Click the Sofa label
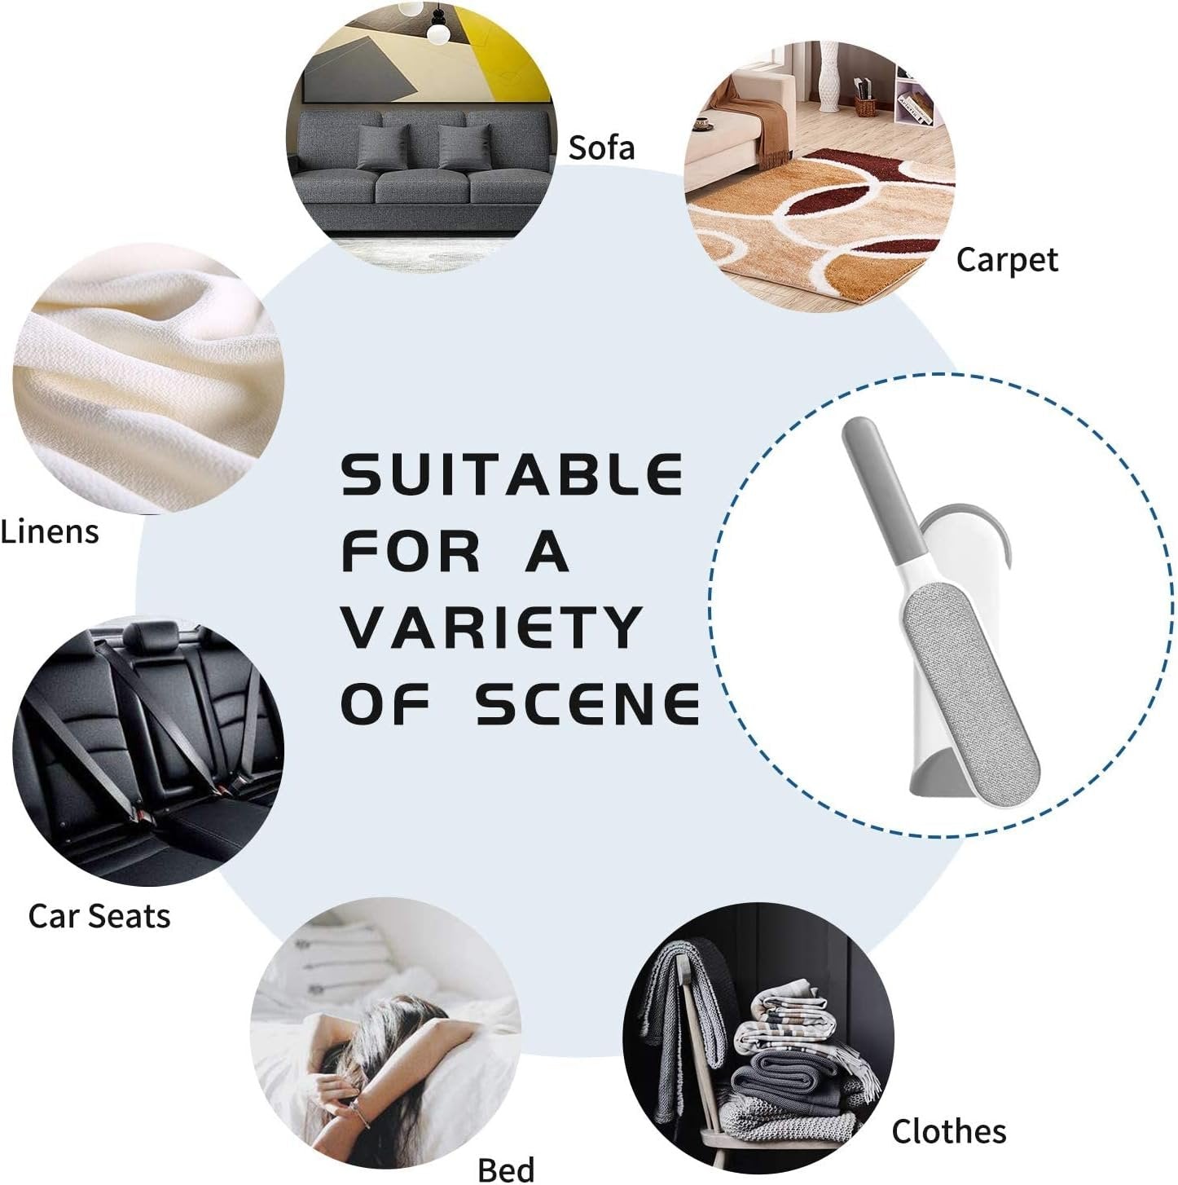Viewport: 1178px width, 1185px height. tap(601, 148)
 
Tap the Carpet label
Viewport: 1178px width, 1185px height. tap(1007, 260)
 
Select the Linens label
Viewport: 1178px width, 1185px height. tap(50, 532)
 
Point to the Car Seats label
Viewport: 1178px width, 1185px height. tap(99, 915)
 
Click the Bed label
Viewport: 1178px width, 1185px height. tap(506, 1168)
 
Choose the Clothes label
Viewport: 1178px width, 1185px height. tap(948, 1130)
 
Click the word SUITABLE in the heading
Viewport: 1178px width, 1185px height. tap(512, 474)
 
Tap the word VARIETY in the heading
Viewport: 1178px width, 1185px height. tap(492, 628)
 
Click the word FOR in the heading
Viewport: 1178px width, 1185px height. tap(411, 551)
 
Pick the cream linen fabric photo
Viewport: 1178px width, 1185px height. tap(147, 383)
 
